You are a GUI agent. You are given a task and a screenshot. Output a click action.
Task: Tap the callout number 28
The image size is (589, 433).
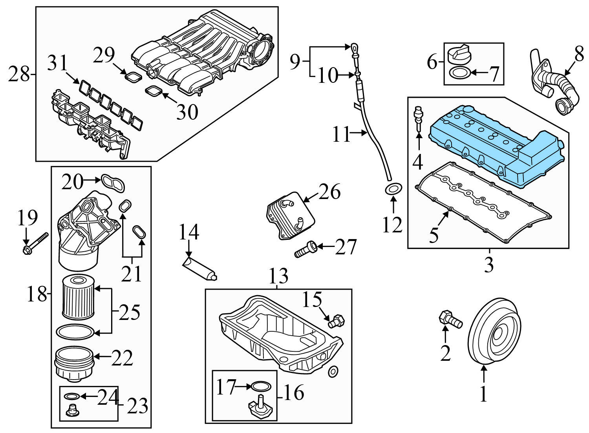pyautogui.click(x=19, y=74)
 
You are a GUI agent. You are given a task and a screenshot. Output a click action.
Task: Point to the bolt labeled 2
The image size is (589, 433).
pyautogui.click(x=450, y=319)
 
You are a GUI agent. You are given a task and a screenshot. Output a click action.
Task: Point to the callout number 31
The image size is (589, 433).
pyautogui.click(x=57, y=64)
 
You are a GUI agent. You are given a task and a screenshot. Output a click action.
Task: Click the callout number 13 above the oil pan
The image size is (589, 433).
pyautogui.click(x=278, y=276)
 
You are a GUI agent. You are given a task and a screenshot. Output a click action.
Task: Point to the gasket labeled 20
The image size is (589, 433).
pyautogui.click(x=113, y=183)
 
